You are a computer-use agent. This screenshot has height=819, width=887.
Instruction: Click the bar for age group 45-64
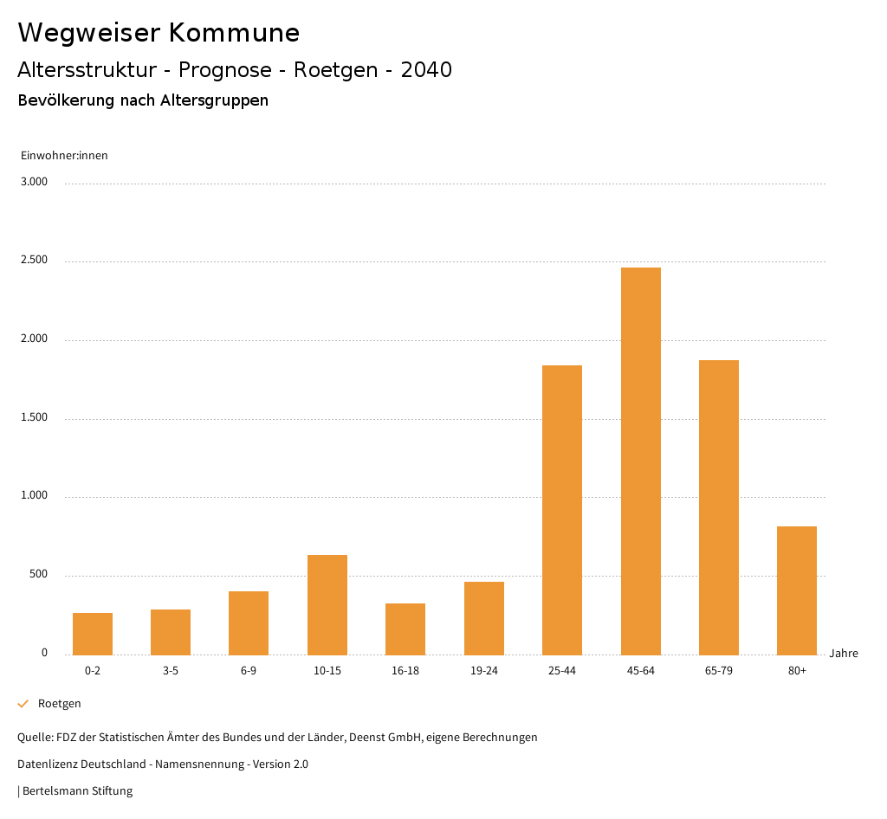point(640,461)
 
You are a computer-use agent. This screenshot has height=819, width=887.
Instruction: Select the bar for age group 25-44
point(562,510)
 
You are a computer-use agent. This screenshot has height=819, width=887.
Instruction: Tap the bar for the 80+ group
point(797,590)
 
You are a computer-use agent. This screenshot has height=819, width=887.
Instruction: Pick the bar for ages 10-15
point(327,604)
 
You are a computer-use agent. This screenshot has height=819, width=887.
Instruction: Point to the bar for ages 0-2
point(93,634)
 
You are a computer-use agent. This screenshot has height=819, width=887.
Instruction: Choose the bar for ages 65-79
point(719,507)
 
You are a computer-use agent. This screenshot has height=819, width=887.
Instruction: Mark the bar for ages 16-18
point(405,629)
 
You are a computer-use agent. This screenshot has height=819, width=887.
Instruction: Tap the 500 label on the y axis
point(39,575)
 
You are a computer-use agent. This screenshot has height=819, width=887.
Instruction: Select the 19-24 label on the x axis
point(483,671)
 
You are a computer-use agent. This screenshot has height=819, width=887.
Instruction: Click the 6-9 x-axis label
point(249,671)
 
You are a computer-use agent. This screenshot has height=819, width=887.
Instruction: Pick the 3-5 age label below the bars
point(171,671)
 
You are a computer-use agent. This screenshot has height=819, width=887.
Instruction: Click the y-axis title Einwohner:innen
point(64,156)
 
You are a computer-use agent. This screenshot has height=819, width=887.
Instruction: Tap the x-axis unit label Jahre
point(844,654)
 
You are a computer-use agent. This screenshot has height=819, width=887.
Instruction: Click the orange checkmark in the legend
point(23,704)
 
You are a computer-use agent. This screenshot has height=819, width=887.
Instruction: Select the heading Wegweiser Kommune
point(159,33)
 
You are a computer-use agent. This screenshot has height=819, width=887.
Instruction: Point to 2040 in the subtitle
point(426,70)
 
